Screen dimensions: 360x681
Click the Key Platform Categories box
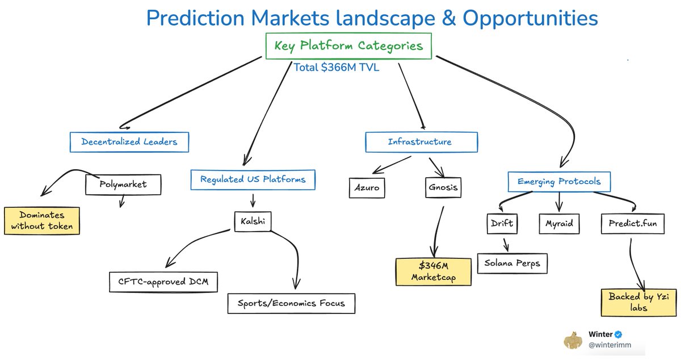349,46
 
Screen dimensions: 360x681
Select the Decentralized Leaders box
129,142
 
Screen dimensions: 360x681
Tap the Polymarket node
123,185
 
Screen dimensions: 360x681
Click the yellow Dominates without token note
41,221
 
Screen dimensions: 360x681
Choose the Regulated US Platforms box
253,179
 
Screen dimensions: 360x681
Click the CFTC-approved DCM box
163,281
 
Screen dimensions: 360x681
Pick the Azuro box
366,187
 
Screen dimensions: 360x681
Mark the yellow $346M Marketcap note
434,271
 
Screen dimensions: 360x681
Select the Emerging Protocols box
559,182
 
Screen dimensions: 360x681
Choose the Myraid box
560,224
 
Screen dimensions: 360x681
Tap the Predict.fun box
632,224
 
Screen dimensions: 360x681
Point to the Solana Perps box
512,263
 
